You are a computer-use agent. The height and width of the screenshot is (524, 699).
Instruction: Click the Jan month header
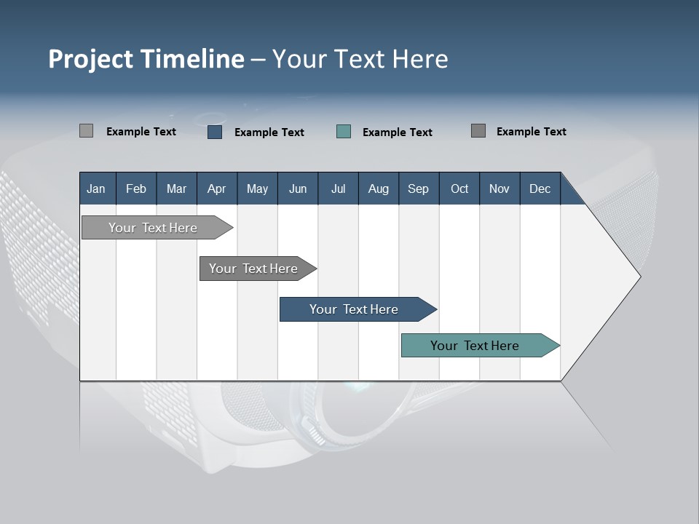[x=96, y=188]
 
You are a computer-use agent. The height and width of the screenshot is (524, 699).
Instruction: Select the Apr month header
[x=216, y=188]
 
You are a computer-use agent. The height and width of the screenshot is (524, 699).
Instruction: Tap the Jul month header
[x=338, y=188]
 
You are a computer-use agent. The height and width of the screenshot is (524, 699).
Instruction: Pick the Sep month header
[x=418, y=188]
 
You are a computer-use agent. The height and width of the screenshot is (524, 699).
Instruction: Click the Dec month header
[x=540, y=188]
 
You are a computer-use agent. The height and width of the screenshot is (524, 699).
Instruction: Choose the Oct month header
[x=459, y=188]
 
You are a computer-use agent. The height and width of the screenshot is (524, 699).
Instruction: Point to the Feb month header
[x=136, y=188]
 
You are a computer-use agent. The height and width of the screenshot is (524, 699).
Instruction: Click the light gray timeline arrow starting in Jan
[x=154, y=228]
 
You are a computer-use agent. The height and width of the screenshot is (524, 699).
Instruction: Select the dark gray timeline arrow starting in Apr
[x=254, y=269]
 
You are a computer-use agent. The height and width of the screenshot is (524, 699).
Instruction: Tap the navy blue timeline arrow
[x=355, y=309]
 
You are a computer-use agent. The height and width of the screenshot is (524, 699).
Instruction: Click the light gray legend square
[x=86, y=131]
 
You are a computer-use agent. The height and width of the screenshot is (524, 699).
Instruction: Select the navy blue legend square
[x=215, y=132]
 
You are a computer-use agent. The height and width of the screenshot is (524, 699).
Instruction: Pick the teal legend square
[x=344, y=132]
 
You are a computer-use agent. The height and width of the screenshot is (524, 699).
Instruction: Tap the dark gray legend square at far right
[x=478, y=131]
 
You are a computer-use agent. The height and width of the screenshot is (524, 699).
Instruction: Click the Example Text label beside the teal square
[x=397, y=132]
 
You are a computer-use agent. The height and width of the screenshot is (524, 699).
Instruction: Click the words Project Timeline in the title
[x=146, y=59]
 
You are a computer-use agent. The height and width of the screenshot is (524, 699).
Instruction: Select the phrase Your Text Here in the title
[x=360, y=59]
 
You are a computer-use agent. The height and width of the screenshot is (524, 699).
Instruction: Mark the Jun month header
[x=298, y=188]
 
